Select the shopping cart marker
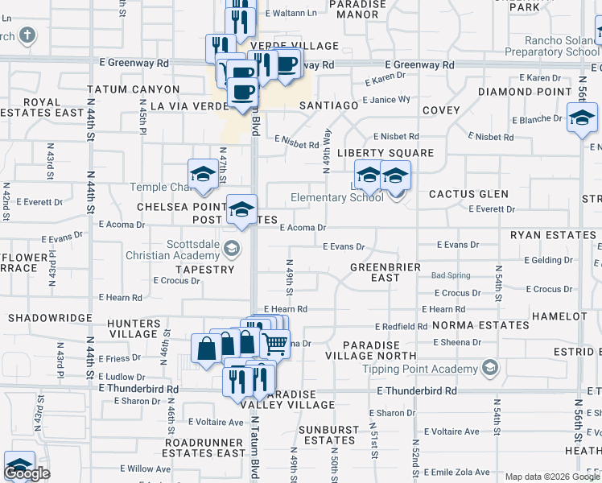pos(275,344)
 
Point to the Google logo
pos(27,473)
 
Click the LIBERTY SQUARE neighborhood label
pos(385,153)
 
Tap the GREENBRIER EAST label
pos(374,272)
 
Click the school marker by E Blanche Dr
pos(581,119)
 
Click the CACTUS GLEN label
pos(468,194)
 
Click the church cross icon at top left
pos(27,35)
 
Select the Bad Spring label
pos(451,275)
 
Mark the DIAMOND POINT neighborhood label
pos(525,92)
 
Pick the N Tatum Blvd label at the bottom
pos(254,451)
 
